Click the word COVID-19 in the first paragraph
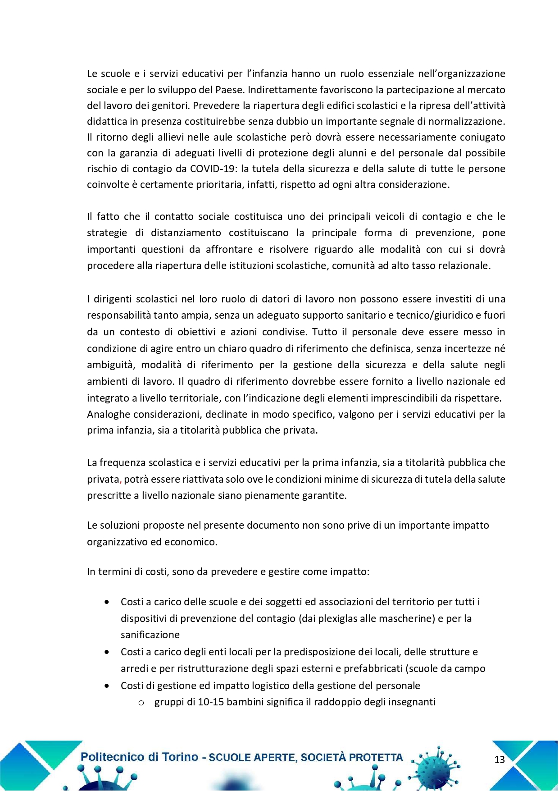[x=214, y=169]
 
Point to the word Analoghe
[x=106, y=415]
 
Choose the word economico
[x=190, y=542]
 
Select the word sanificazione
[x=150, y=635]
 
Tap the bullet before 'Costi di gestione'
[x=107, y=686]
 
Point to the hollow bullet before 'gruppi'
[x=141, y=703]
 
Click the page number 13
[x=500, y=760]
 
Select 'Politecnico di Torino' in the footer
[x=139, y=757]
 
